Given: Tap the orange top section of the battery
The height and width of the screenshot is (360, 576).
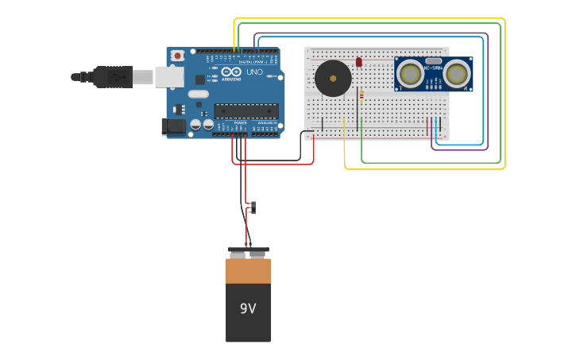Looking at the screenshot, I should click(x=248, y=271).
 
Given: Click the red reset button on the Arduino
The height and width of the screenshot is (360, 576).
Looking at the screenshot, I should click(x=177, y=56).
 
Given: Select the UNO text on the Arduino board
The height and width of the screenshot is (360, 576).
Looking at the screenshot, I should click(x=254, y=72).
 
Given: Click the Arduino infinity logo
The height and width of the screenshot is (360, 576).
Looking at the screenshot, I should click(x=230, y=72).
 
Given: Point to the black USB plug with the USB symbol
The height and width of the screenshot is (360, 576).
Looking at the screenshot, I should click(x=112, y=76).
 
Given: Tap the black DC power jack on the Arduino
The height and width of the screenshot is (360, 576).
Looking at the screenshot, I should click(x=172, y=126).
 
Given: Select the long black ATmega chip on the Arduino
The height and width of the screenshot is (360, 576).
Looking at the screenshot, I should click(x=245, y=110).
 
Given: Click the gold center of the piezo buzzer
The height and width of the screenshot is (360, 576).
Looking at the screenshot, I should click(x=333, y=78).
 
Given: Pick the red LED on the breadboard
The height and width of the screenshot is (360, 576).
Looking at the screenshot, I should click(x=359, y=62).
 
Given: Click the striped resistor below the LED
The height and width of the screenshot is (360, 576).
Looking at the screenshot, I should click(x=361, y=95).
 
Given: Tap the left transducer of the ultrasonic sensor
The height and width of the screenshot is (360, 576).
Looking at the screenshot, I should click(x=411, y=74).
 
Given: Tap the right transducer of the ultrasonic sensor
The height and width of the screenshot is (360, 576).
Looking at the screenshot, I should click(x=456, y=74).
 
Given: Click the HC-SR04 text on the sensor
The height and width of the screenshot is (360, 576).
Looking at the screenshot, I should click(x=433, y=68).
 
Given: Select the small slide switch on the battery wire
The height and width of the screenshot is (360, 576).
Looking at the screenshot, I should click(x=253, y=207).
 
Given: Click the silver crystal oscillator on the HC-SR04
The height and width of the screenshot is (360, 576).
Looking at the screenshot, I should click(x=433, y=60).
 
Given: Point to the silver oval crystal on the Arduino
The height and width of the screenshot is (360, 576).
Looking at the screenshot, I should click(x=199, y=94).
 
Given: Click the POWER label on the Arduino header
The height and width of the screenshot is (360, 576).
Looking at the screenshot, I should click(x=240, y=125).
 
